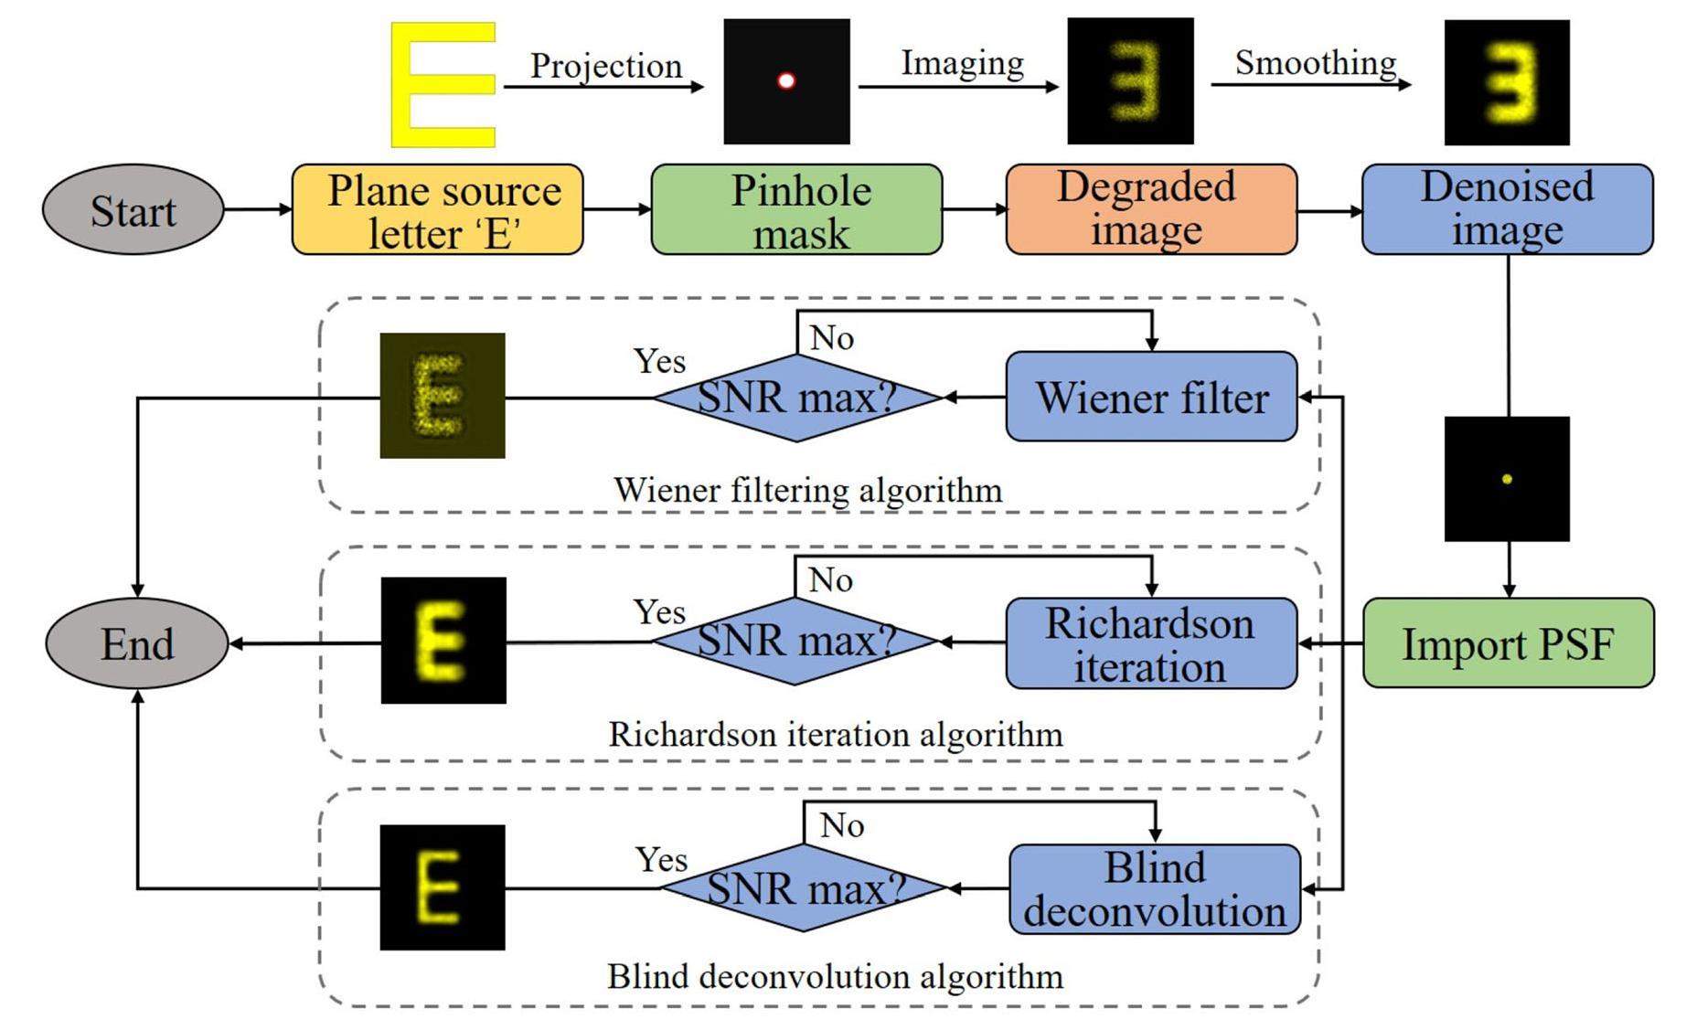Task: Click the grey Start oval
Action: [x=133, y=210]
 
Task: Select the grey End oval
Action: [x=137, y=643]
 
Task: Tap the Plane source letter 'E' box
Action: [x=437, y=210]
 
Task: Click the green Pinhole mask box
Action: [x=796, y=210]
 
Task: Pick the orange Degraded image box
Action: [x=1150, y=210]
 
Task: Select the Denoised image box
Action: [x=1507, y=210]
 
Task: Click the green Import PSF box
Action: [x=1508, y=643]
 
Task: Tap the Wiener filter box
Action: [x=1151, y=397]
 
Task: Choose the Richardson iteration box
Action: [x=1151, y=643]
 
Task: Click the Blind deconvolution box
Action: [x=1154, y=889]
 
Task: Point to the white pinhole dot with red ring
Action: [x=785, y=81]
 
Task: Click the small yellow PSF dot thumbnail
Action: [x=1507, y=479]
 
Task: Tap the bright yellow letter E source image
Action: [x=443, y=85]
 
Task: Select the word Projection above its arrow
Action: [x=606, y=66]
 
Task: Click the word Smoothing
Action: [x=1315, y=62]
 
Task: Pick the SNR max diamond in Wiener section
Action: [x=796, y=398]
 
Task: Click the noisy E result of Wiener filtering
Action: [x=443, y=396]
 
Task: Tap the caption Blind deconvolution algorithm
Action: [x=835, y=976]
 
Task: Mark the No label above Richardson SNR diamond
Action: [x=831, y=579]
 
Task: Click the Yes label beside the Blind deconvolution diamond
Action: [x=661, y=859]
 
